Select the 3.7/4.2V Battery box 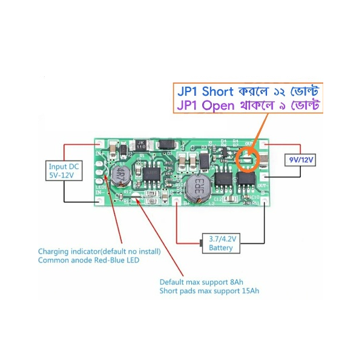click(220, 243)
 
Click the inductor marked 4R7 click(120, 176)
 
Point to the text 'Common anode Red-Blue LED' click(88, 260)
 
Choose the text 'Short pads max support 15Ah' click(209, 291)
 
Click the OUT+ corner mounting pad click(263, 145)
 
